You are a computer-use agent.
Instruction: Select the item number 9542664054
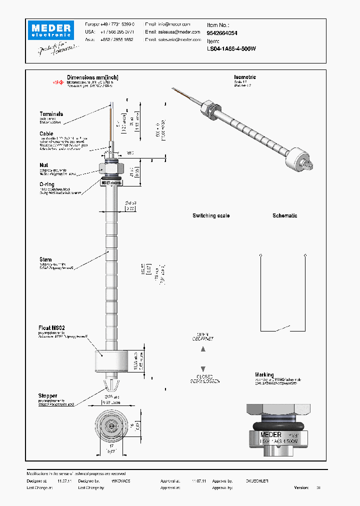[222, 33]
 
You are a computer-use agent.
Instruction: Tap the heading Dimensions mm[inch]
[92, 78]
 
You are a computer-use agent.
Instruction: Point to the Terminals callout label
[51, 114]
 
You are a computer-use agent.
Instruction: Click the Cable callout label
[46, 133]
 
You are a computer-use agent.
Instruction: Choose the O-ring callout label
[47, 184]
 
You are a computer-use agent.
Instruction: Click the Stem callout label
[45, 259]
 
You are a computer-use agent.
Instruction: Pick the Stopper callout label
[48, 396]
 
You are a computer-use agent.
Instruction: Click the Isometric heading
[244, 77]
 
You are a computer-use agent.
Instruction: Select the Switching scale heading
[211, 215]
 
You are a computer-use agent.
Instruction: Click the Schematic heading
[284, 215]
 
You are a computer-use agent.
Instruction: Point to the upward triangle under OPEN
[203, 349]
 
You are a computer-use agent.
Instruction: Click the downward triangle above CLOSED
[203, 368]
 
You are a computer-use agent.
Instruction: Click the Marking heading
[264, 374]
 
